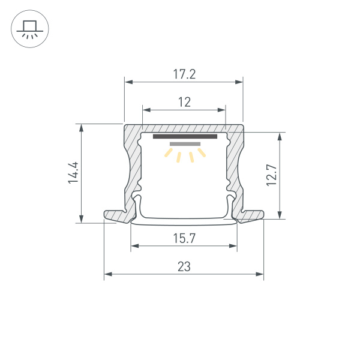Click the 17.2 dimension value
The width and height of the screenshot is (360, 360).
click(x=184, y=75)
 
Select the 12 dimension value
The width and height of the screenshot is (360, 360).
click(x=184, y=102)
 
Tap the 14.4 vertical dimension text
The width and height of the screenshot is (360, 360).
click(x=73, y=173)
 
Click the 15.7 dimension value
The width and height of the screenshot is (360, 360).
click(x=184, y=238)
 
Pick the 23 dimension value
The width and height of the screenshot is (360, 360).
click(x=184, y=268)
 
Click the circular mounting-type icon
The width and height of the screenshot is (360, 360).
click(x=30, y=30)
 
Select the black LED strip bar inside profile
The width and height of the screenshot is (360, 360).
click(x=184, y=136)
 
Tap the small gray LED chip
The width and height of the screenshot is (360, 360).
click(x=184, y=144)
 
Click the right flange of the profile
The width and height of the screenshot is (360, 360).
click(x=254, y=215)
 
